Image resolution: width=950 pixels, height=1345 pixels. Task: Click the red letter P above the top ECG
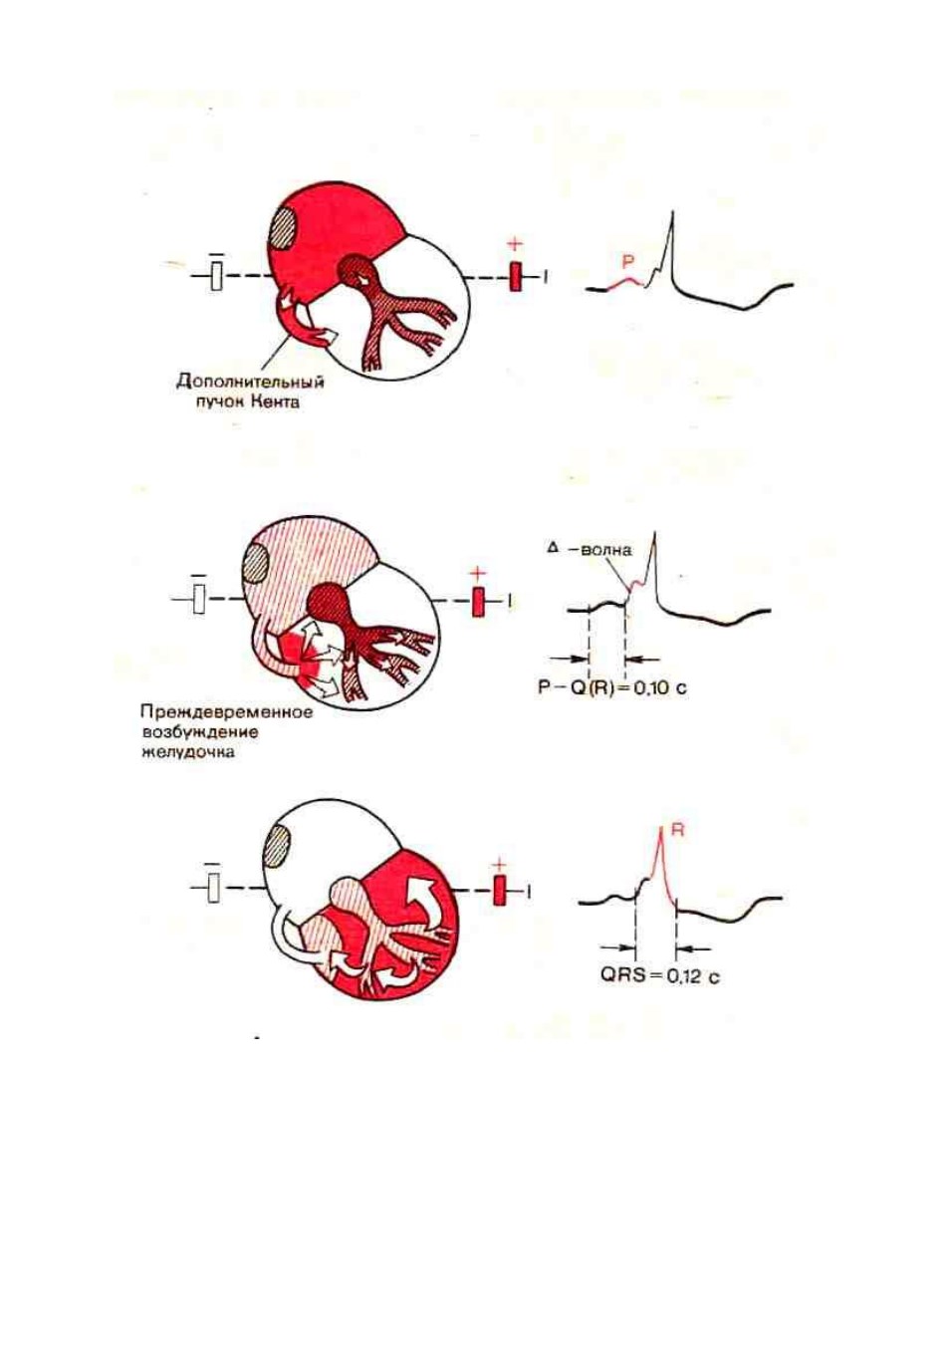point(627,261)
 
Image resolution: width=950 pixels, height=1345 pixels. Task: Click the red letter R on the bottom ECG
point(677,831)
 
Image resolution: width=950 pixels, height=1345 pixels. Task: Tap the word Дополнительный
point(250,382)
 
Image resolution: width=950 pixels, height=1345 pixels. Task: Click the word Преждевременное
point(227,712)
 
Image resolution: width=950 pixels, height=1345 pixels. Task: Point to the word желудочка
point(188,752)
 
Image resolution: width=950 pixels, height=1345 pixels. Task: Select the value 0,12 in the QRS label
point(685,977)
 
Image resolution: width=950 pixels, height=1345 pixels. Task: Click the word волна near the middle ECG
point(606,549)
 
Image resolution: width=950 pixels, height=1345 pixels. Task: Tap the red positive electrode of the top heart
point(515,277)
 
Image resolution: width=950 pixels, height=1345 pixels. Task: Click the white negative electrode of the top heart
point(217,276)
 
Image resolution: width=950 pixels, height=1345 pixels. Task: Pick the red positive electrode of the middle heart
point(478,602)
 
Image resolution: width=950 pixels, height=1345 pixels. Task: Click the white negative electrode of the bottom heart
point(212,890)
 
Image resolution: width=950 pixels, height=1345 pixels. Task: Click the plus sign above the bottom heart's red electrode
point(498,863)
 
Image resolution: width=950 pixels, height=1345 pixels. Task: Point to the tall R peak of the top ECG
point(673,211)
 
